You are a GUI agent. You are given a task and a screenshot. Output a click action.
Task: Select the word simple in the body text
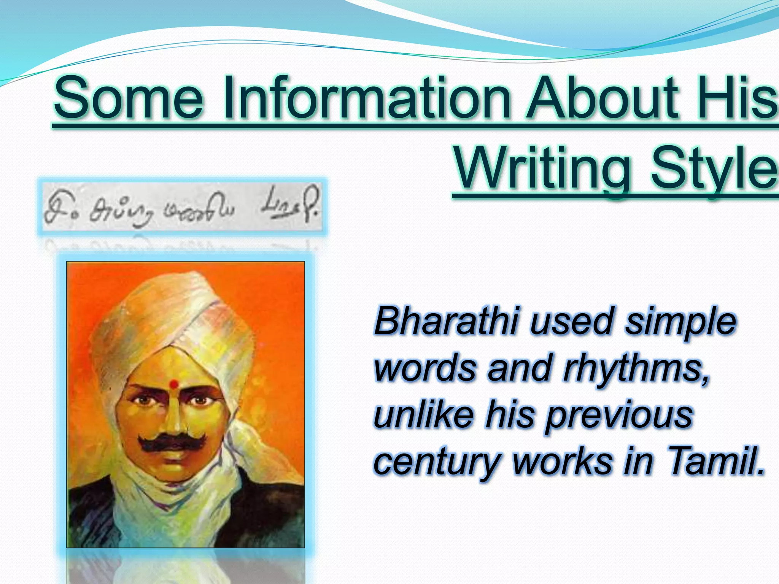tap(681, 322)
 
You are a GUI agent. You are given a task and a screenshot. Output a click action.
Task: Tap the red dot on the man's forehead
tap(173, 384)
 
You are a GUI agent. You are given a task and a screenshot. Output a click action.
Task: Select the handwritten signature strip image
tap(182, 207)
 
